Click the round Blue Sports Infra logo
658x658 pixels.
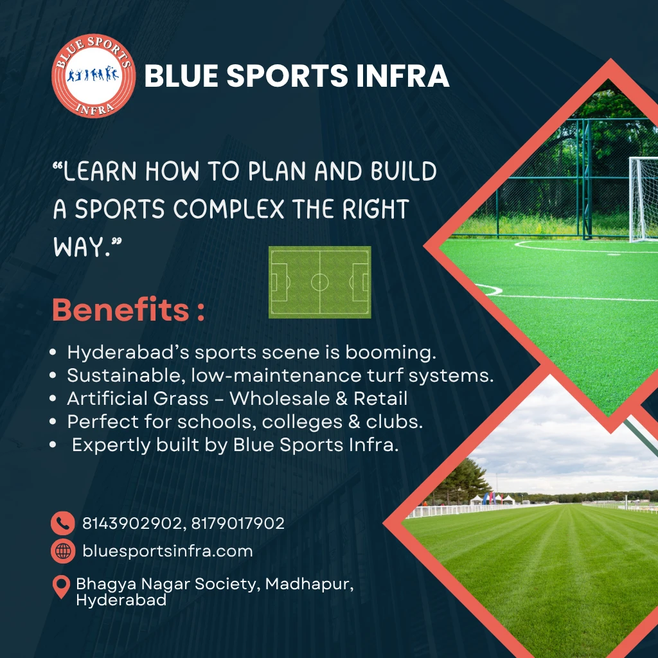tap(93, 76)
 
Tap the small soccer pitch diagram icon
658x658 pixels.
tap(319, 282)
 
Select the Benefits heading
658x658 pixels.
tap(129, 310)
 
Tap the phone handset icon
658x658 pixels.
tap(62, 523)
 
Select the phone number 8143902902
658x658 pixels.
tap(131, 523)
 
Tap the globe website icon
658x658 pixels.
tap(62, 551)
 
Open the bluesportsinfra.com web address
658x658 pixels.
tap(167, 551)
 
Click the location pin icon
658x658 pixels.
tap(61, 587)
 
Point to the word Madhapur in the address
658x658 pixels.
tap(308, 585)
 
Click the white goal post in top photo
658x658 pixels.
tap(643, 199)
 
